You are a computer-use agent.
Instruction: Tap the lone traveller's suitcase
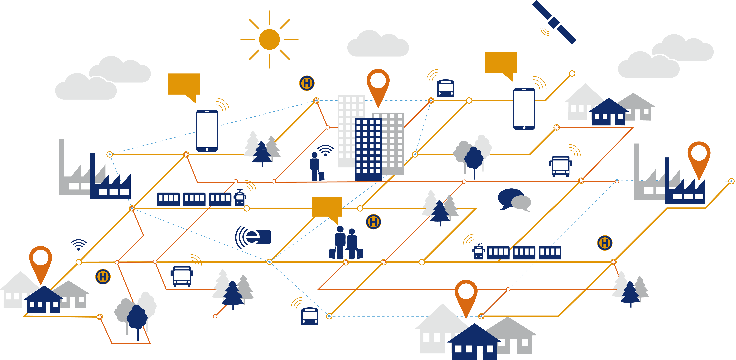coord(321,176)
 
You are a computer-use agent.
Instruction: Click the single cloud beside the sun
coord(378,44)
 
